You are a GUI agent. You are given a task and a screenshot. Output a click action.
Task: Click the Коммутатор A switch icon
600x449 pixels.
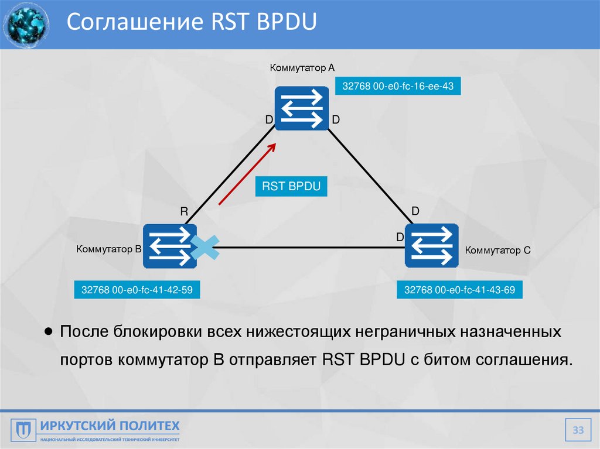coord(302,108)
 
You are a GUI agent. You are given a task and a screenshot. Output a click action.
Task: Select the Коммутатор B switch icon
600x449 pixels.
coord(170,246)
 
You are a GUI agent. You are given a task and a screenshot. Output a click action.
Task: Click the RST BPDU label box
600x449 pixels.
coord(291,187)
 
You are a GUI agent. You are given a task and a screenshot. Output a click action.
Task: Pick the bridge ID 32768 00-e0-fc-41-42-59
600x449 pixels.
coord(137,290)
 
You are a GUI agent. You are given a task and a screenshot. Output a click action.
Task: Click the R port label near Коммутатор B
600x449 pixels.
coord(183,212)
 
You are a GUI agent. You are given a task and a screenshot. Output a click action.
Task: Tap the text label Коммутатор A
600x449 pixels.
coord(302,68)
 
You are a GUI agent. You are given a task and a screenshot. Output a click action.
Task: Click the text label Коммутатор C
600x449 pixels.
coord(497,251)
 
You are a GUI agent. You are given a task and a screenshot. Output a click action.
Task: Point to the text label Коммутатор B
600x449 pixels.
coord(109,249)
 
